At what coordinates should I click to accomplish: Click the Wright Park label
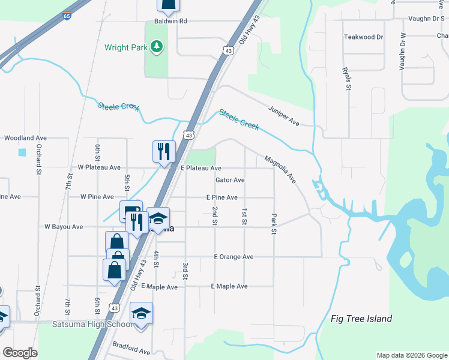click(125, 47)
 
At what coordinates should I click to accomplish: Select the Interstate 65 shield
click(66, 16)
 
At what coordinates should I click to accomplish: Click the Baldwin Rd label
click(171, 21)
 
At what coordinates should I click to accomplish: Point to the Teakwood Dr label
click(363, 37)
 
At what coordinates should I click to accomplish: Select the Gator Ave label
click(230, 180)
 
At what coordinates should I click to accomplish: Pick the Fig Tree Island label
click(361, 319)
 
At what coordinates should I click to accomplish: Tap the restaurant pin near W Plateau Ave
click(163, 151)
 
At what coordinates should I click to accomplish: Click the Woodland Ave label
click(25, 138)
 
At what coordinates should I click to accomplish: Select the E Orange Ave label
click(234, 257)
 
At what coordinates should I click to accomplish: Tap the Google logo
click(20, 352)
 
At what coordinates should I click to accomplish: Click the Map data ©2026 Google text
click(411, 355)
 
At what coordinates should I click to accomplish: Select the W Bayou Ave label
click(64, 227)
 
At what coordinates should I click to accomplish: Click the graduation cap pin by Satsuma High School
click(141, 314)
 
